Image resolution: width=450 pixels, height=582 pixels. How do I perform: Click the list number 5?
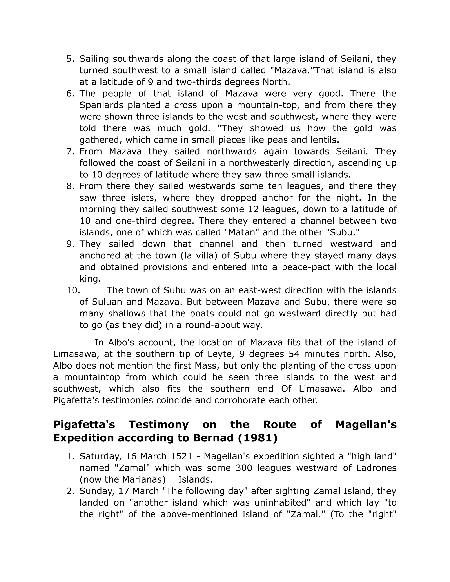point(70,59)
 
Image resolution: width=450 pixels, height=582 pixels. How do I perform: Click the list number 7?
point(70,151)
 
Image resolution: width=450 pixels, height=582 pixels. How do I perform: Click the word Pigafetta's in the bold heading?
point(84,425)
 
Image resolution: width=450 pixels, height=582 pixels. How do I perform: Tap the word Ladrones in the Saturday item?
point(376,468)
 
